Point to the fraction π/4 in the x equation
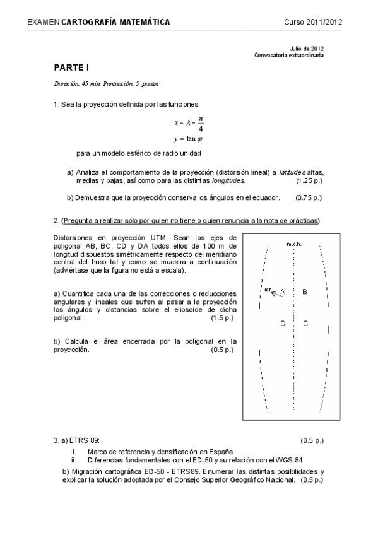(x=201, y=123)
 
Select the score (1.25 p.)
(x=309, y=180)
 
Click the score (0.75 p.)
(x=309, y=197)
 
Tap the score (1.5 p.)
(x=221, y=318)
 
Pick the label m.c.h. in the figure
(x=293, y=244)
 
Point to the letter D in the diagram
(x=283, y=323)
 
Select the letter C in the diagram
(x=305, y=323)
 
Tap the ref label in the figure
(x=268, y=290)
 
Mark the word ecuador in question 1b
(x=264, y=197)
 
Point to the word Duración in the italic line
(x=66, y=83)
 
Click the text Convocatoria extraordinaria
(x=289, y=56)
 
